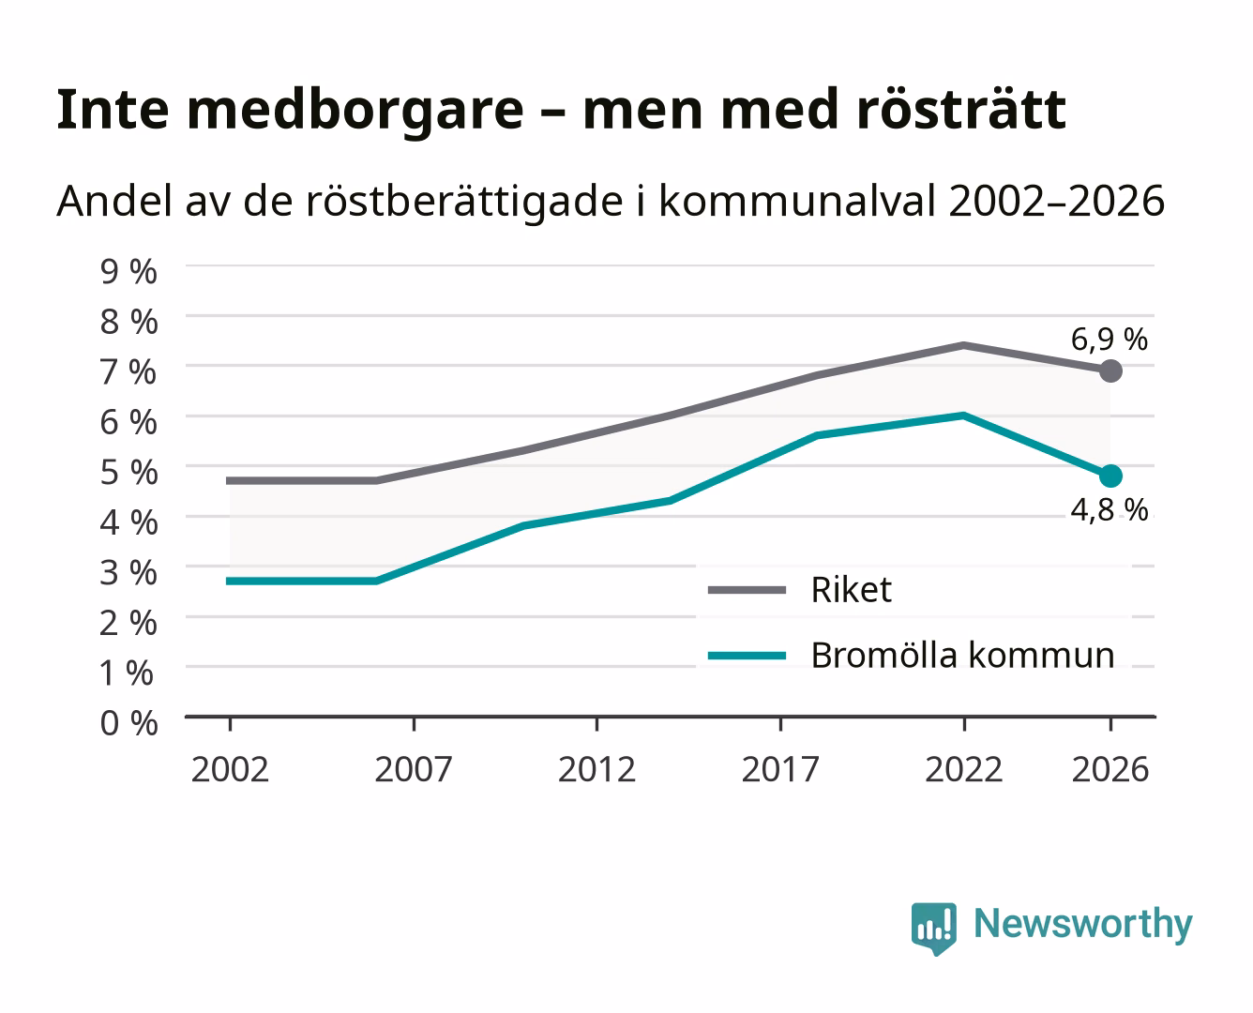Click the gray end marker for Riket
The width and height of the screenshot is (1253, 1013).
1110,371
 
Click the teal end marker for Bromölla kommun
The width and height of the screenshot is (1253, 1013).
1110,476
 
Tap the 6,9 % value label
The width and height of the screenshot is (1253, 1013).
1109,340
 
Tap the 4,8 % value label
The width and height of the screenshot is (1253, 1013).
1109,509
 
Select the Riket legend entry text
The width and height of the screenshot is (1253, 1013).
852,589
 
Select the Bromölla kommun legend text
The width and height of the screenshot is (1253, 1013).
963,655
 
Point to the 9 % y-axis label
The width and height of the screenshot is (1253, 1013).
128,272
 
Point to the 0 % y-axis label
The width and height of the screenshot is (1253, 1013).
128,723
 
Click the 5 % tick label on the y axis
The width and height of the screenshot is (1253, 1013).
128,473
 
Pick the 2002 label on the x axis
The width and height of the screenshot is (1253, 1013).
230,769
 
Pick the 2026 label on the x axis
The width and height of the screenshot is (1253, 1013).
1110,769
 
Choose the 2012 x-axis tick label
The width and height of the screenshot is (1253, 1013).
596,769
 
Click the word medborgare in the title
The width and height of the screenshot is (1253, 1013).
355,111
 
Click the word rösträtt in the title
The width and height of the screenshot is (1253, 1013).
961,109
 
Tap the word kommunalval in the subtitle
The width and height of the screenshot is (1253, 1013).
797,201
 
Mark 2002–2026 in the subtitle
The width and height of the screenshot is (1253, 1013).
1057,201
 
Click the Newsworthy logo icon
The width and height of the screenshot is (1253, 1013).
933,929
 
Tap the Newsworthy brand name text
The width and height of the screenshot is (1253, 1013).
1083,925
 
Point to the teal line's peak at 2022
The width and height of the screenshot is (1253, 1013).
963,416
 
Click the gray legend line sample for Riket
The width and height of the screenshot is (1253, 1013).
747,590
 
